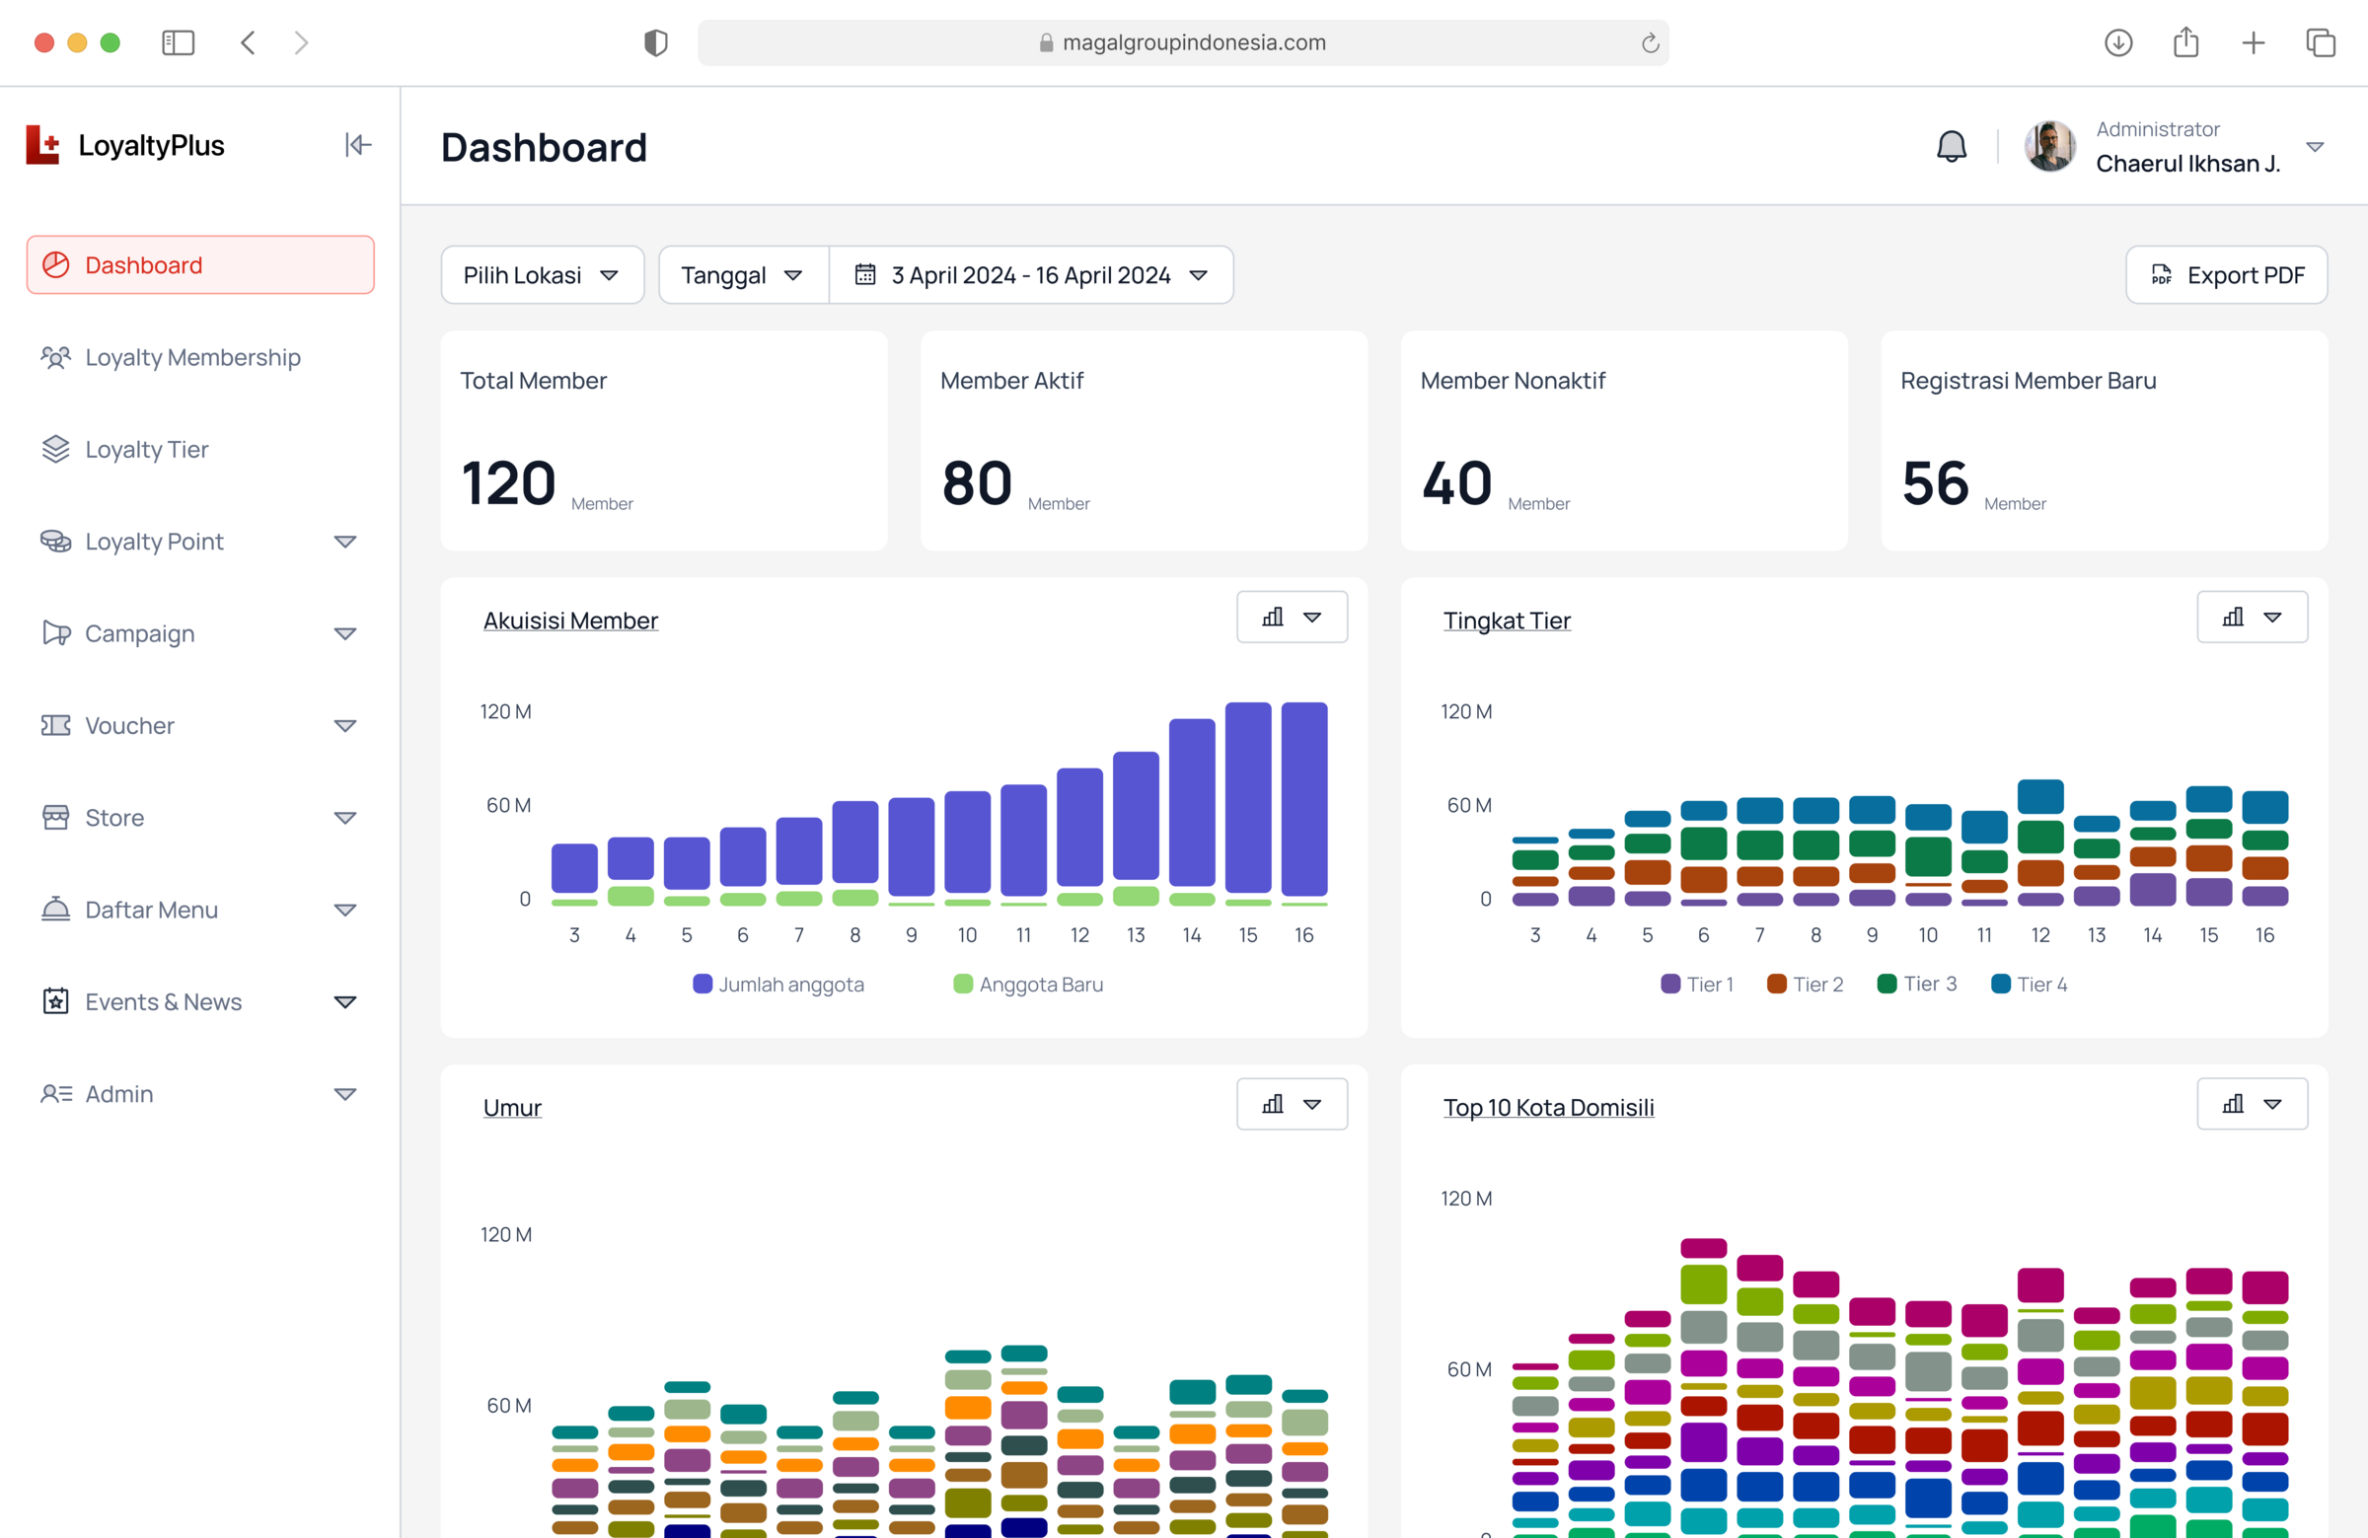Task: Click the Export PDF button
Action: [x=2226, y=274]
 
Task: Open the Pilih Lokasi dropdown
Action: [x=543, y=274]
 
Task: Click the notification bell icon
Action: [x=1951, y=146]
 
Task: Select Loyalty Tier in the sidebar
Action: [x=146, y=450]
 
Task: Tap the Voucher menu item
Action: [x=129, y=725]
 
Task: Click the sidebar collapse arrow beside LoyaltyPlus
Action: [x=358, y=145]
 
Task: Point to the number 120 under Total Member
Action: [x=508, y=483]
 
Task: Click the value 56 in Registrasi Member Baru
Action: [x=1935, y=483]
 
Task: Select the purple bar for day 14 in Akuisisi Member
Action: [x=1192, y=802]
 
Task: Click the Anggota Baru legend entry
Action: [x=1029, y=984]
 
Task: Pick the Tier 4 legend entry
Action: [x=2030, y=984]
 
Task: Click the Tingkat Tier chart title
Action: [x=1507, y=621]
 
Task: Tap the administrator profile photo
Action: [x=2049, y=146]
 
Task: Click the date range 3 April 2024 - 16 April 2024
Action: [x=1031, y=274]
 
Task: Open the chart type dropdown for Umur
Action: [x=1292, y=1104]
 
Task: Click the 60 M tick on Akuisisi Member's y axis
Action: [x=508, y=805]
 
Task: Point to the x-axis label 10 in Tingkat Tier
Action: [x=1928, y=935]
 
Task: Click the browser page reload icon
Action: [x=1650, y=42]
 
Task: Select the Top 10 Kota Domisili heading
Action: [x=1548, y=1107]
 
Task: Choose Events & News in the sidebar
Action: [x=163, y=1001]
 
